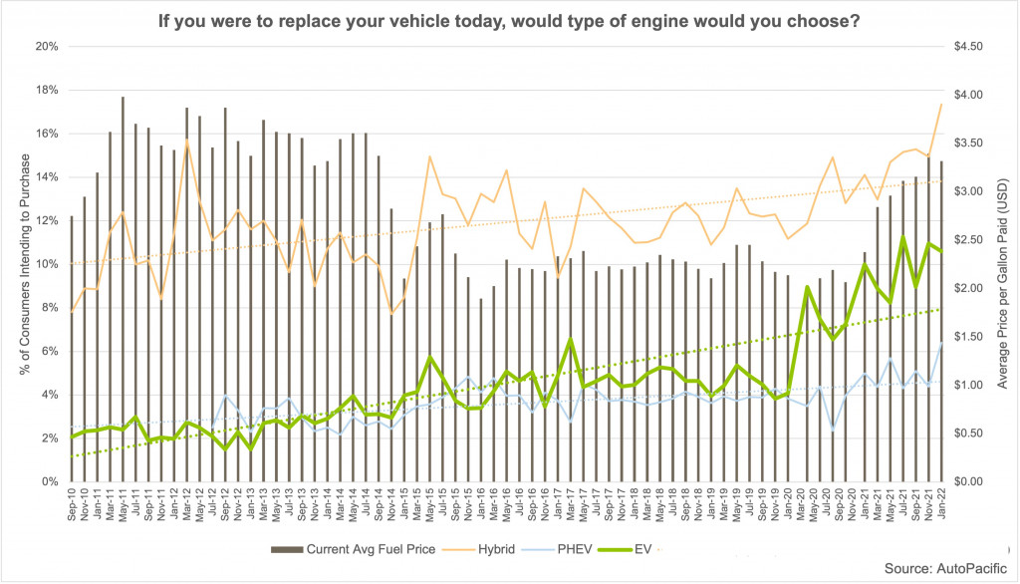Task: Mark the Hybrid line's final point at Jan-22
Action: (x=941, y=105)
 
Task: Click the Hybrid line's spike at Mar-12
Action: (x=186, y=141)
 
